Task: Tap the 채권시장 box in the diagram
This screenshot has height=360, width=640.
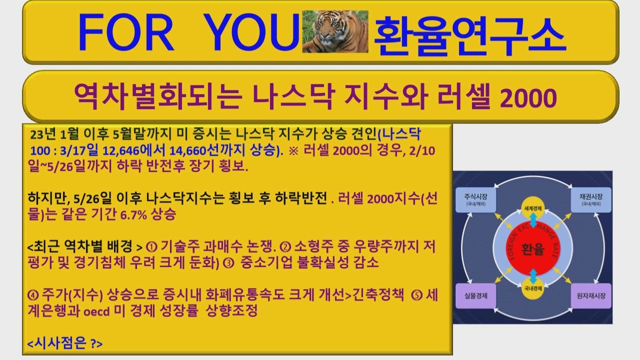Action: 590,199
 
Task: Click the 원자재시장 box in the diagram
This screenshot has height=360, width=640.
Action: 590,295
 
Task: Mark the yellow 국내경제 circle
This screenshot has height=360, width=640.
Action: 533,288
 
